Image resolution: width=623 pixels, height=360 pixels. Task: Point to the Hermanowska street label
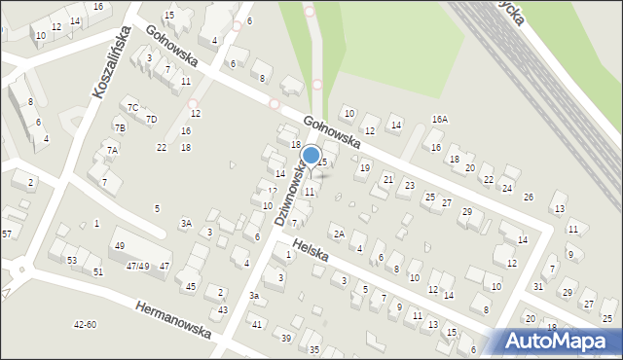point(172,316)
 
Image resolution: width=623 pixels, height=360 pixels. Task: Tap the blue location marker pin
point(311,157)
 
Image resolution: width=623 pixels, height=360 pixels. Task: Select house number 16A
point(439,119)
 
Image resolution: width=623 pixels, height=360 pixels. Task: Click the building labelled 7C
point(132,107)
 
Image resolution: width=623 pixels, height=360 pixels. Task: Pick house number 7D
point(151,120)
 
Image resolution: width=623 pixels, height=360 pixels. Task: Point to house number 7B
point(119,127)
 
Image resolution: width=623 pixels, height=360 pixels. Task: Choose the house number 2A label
point(338,234)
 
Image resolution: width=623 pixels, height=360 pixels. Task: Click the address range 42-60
point(85,325)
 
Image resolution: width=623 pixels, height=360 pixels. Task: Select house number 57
point(6,234)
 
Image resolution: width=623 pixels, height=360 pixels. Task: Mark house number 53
point(71,260)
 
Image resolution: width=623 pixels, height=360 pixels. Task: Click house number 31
point(538,286)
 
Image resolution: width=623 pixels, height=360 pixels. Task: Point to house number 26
point(528,198)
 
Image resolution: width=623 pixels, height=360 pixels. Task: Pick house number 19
point(364,167)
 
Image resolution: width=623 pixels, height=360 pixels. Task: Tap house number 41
point(257,323)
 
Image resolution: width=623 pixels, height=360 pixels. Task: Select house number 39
point(285,338)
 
